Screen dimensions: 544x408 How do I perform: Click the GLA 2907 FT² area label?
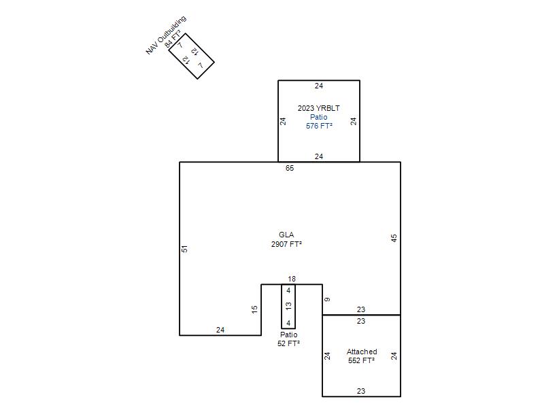(x=286, y=239)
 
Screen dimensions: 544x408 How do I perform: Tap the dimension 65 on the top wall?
(x=290, y=168)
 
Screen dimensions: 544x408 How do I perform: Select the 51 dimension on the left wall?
(x=184, y=249)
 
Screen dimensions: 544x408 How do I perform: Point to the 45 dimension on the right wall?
(x=394, y=238)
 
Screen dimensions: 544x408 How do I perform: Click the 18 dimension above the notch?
(x=292, y=279)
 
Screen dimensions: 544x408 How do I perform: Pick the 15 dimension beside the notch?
(x=254, y=309)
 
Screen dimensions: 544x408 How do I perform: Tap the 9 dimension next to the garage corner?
(x=327, y=299)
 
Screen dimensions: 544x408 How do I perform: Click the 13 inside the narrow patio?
(x=288, y=306)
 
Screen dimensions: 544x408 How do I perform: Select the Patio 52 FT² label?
(x=288, y=339)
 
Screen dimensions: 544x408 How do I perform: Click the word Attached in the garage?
(x=362, y=352)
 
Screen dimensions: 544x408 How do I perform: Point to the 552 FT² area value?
(x=362, y=360)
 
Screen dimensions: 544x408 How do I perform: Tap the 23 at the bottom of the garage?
(x=361, y=391)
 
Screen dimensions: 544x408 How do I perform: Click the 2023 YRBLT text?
(x=319, y=108)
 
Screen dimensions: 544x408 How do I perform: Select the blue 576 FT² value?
(x=319, y=126)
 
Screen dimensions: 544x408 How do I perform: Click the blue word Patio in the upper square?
(x=319, y=117)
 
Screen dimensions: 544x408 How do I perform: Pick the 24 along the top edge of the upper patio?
(x=319, y=86)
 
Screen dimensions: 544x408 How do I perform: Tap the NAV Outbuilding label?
(x=166, y=35)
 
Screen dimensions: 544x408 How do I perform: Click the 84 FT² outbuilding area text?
(x=173, y=39)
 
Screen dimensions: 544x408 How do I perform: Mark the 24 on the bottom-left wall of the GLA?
(x=220, y=330)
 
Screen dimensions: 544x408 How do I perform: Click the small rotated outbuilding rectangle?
(x=192, y=56)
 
